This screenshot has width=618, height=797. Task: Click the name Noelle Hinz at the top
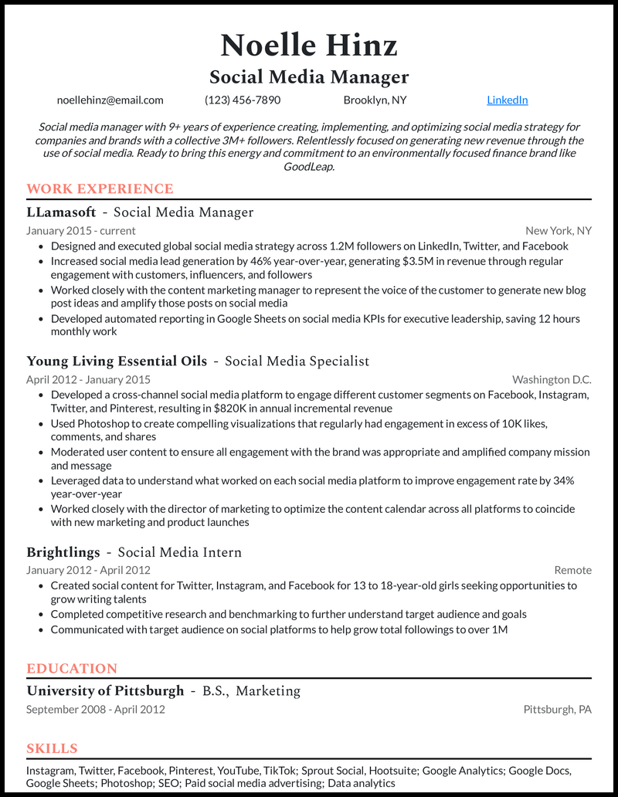(x=309, y=46)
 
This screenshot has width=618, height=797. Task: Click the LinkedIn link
(x=508, y=100)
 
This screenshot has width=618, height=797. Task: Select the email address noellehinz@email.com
(x=110, y=100)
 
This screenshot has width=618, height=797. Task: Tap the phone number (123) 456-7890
(x=243, y=100)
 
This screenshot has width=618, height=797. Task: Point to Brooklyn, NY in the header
(x=375, y=100)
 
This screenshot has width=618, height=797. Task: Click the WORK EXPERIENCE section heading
(x=100, y=189)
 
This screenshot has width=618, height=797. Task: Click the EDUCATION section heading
(x=72, y=669)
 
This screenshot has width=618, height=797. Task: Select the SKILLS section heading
(x=52, y=748)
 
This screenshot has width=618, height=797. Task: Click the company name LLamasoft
(x=61, y=212)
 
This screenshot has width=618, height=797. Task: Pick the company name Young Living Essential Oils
(x=117, y=361)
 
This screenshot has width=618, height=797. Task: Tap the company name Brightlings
(x=63, y=552)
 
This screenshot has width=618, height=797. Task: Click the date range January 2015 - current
(x=80, y=230)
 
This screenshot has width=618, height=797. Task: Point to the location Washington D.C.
(x=552, y=379)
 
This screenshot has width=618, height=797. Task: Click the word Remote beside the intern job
(x=572, y=570)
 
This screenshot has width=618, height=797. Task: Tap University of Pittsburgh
(x=105, y=690)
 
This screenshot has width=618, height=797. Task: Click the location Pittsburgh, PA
(x=557, y=709)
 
